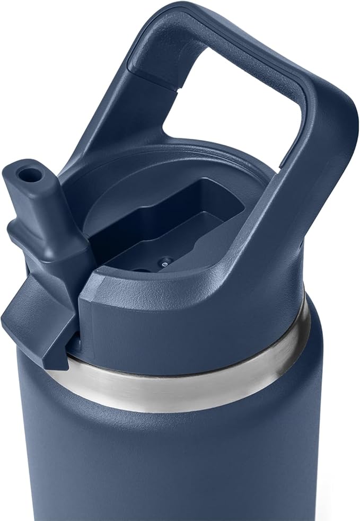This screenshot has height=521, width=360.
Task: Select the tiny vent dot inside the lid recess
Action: tap(166, 261)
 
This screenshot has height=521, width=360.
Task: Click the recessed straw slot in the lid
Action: tap(175, 223)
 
